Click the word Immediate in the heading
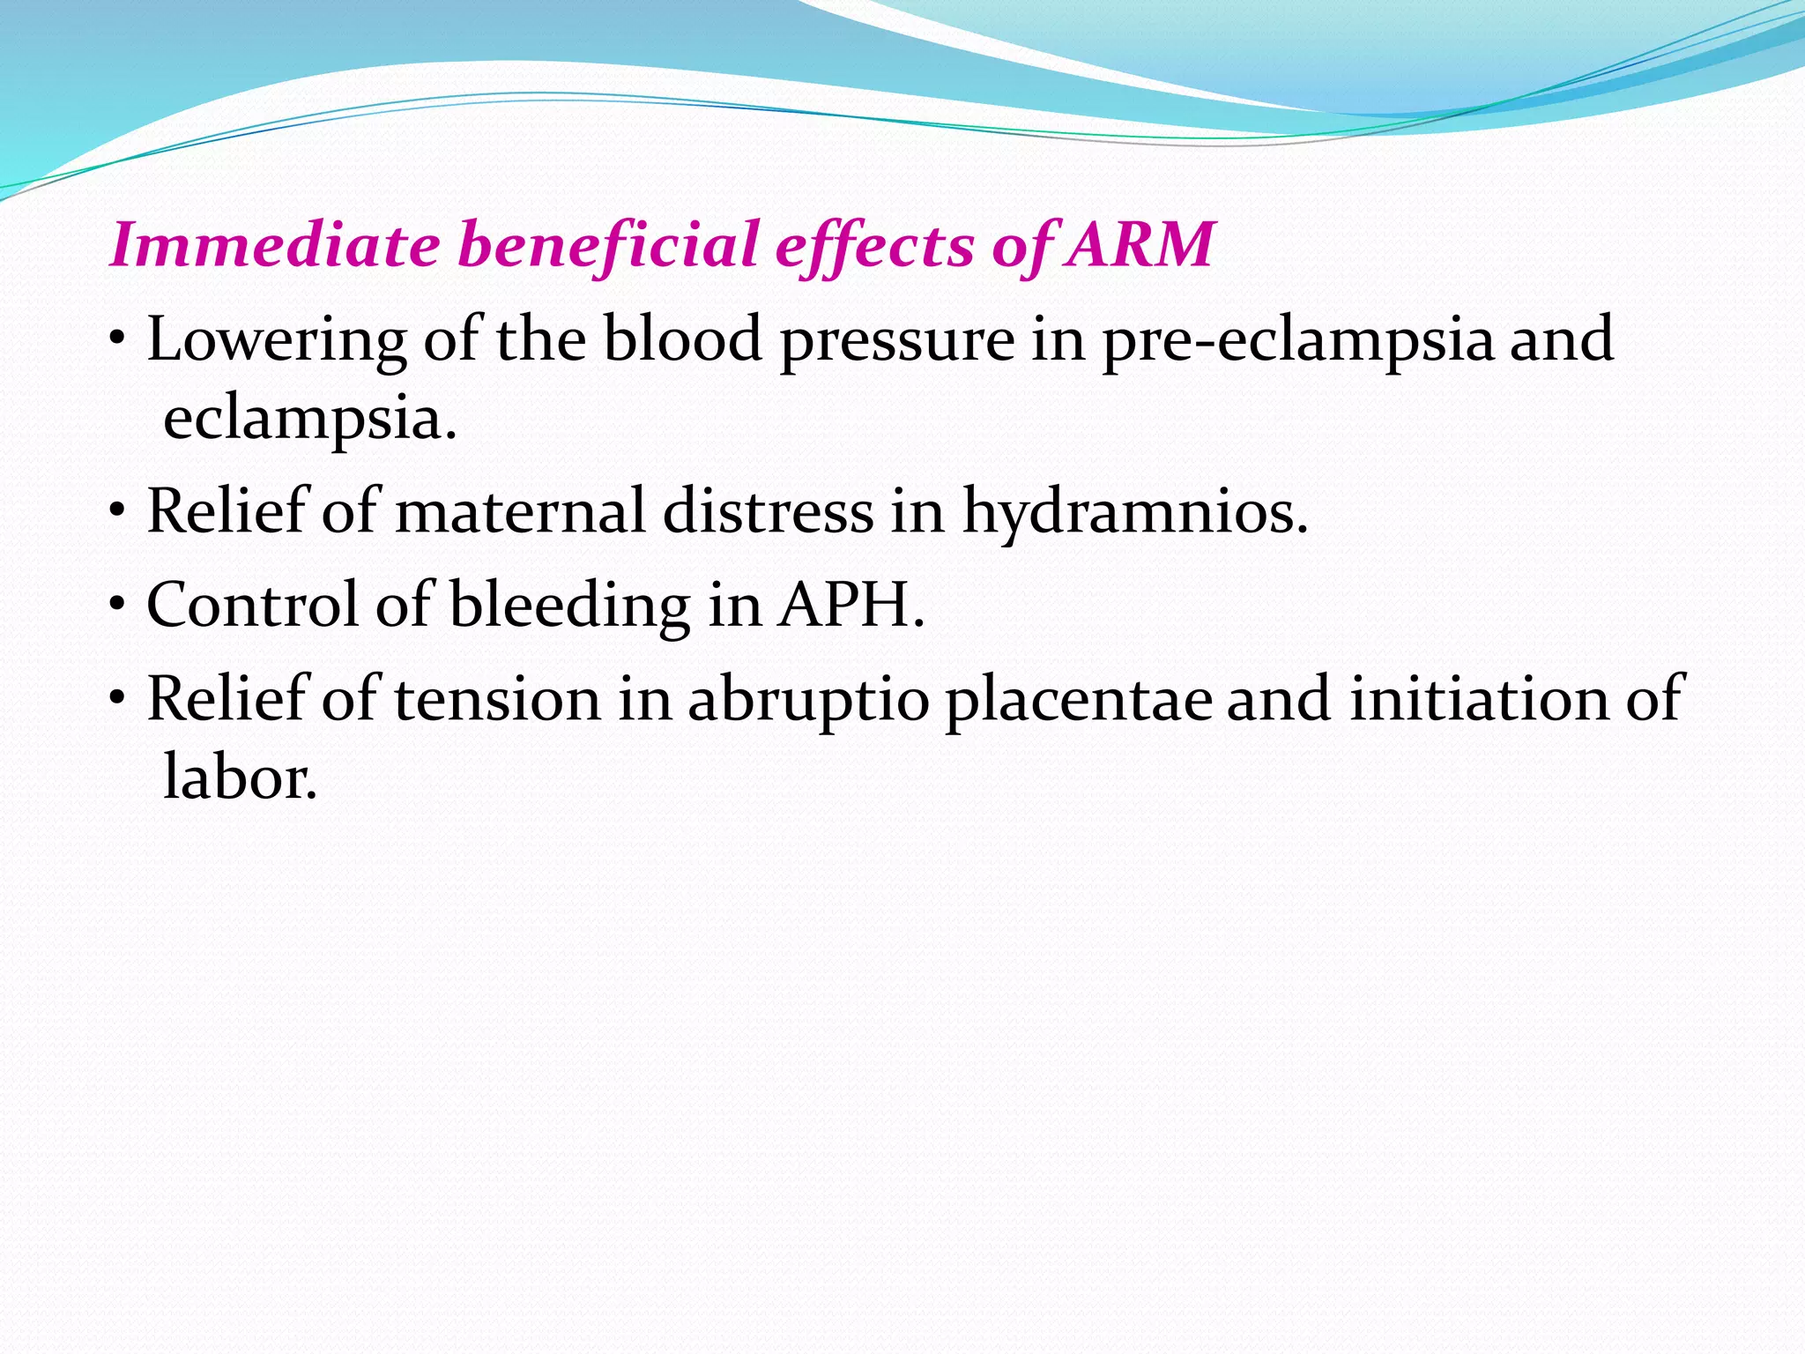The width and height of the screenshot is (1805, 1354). (x=274, y=245)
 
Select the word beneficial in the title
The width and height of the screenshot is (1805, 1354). (x=608, y=245)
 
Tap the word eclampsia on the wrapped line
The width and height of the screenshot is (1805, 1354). (x=308, y=420)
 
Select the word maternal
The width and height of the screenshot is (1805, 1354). (x=520, y=511)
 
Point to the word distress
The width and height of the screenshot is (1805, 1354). (x=768, y=511)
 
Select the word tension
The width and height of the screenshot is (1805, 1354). (x=496, y=699)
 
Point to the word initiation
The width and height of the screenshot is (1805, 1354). (x=1479, y=699)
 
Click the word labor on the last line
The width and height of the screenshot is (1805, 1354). (x=239, y=777)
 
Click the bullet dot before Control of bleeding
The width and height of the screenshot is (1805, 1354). (x=118, y=607)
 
